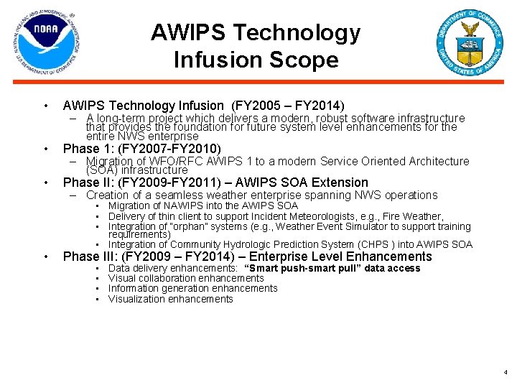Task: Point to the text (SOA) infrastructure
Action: click(x=136, y=170)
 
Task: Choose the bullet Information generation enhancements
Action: click(x=192, y=288)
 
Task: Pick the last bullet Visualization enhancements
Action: click(x=170, y=299)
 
